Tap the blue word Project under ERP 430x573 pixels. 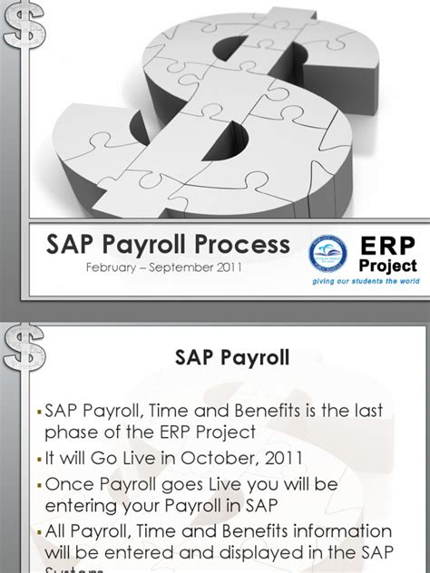[x=389, y=266]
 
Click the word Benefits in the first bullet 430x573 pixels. [x=283, y=411]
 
